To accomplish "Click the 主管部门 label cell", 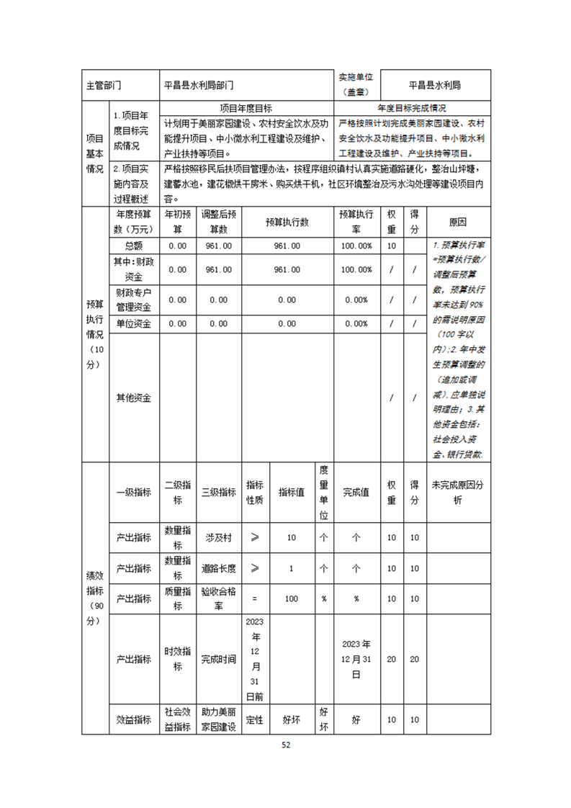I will pos(103,85).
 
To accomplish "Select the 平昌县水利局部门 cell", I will pos(199,85).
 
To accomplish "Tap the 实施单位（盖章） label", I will pos(356,84).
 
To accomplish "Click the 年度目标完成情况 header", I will pos(412,108).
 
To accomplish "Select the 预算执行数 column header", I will pos(287,223).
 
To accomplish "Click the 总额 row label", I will pos(132,246).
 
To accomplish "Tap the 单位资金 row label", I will pos(132,324).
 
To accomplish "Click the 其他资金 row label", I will pos(132,398).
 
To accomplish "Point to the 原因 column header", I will pos(458,223).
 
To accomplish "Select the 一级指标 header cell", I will pos(132,493).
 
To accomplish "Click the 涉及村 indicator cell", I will pos(219,537).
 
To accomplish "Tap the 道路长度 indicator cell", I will pos(219,568).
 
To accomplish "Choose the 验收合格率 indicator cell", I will pos(219,598).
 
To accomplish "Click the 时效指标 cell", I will pos(177,659).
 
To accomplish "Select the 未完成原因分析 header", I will pos(458,493).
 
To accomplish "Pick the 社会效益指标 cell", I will pos(177,719).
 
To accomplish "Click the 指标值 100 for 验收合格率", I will pos(291,598).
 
